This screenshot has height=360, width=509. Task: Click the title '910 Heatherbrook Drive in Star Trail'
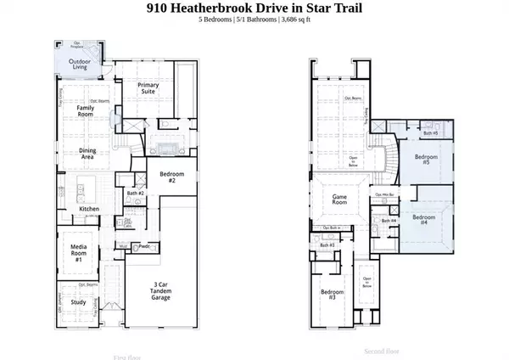[x=254, y=8]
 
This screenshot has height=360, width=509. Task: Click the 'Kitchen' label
[x=91, y=208]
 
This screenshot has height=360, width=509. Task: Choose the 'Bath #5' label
[x=430, y=132]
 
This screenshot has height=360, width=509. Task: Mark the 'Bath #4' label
[x=389, y=221]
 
